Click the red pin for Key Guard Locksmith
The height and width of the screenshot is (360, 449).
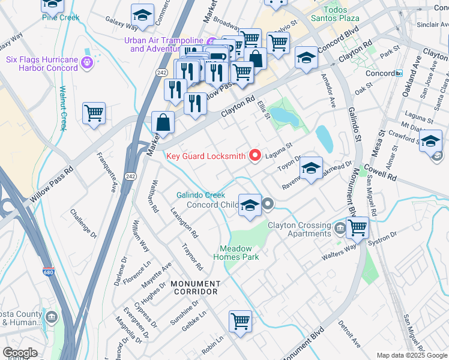click(x=255, y=155)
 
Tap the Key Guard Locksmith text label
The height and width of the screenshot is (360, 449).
click(x=205, y=156)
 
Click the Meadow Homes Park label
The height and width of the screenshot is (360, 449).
click(x=239, y=253)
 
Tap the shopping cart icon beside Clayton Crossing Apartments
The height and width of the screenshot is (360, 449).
click(x=357, y=227)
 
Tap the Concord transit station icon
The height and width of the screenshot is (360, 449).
click(x=399, y=73)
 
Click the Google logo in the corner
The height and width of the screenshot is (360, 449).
click(x=20, y=353)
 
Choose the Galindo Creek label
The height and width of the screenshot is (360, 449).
click(x=200, y=195)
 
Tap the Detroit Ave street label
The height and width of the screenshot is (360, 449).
click(x=349, y=334)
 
